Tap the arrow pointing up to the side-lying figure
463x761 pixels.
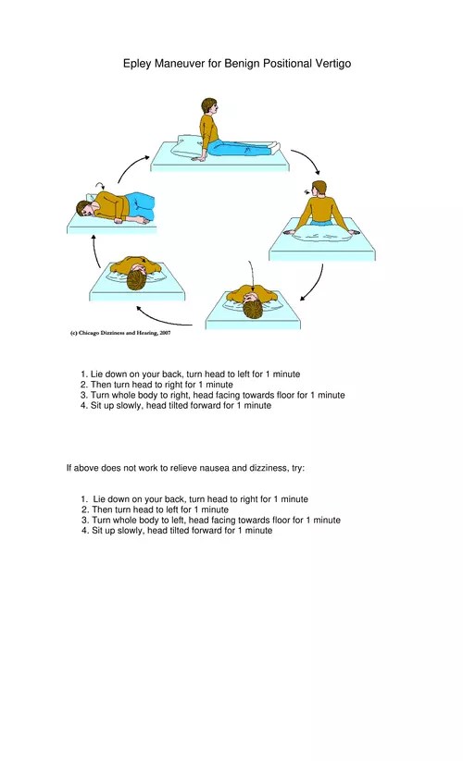(x=94, y=250)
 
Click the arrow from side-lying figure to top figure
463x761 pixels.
(x=130, y=169)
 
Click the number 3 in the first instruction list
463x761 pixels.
(x=83, y=395)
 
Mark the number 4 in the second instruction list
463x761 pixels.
(x=83, y=531)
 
